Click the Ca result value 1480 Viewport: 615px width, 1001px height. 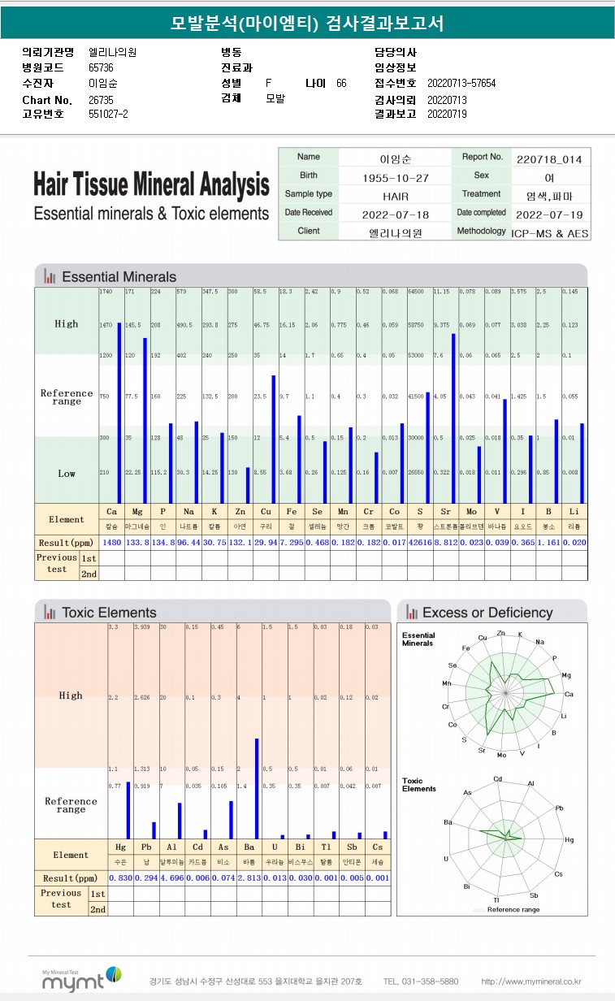point(111,543)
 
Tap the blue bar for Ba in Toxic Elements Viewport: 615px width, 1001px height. point(258,788)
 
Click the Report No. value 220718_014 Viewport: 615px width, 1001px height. point(549,158)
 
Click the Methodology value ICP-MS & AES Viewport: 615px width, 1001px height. point(550,232)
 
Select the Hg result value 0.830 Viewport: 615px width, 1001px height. point(119,878)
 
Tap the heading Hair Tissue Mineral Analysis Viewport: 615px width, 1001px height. point(151,185)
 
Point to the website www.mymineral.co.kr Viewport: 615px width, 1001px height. point(531,981)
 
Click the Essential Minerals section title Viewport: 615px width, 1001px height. point(119,276)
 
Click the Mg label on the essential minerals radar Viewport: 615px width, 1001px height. point(566,674)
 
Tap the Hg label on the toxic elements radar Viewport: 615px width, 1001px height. point(570,839)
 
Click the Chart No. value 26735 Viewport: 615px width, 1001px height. point(101,100)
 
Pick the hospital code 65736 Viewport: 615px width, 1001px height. point(101,67)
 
